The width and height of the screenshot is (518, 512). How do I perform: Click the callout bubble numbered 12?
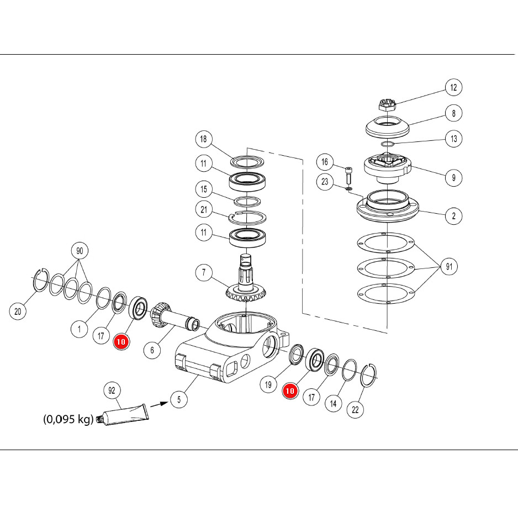(x=453, y=87)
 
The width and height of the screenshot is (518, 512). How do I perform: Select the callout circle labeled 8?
(x=453, y=113)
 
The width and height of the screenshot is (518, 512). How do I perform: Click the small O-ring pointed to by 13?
(x=388, y=144)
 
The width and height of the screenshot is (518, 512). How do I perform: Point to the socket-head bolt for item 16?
(x=348, y=176)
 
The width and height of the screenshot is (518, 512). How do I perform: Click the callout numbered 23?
(x=325, y=181)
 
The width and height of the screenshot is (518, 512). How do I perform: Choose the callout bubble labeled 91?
(x=450, y=266)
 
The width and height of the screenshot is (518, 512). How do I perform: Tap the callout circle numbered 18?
(x=203, y=139)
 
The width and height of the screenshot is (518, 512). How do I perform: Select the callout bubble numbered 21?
(x=204, y=209)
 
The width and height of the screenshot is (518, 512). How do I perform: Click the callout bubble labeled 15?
(x=203, y=189)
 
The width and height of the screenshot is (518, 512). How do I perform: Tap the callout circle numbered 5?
(x=179, y=399)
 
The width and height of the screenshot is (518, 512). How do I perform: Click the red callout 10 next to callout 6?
(x=121, y=341)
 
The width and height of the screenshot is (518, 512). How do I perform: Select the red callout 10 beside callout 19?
(x=290, y=391)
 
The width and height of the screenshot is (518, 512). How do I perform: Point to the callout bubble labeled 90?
(x=80, y=251)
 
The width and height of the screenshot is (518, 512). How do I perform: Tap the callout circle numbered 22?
(x=355, y=410)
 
